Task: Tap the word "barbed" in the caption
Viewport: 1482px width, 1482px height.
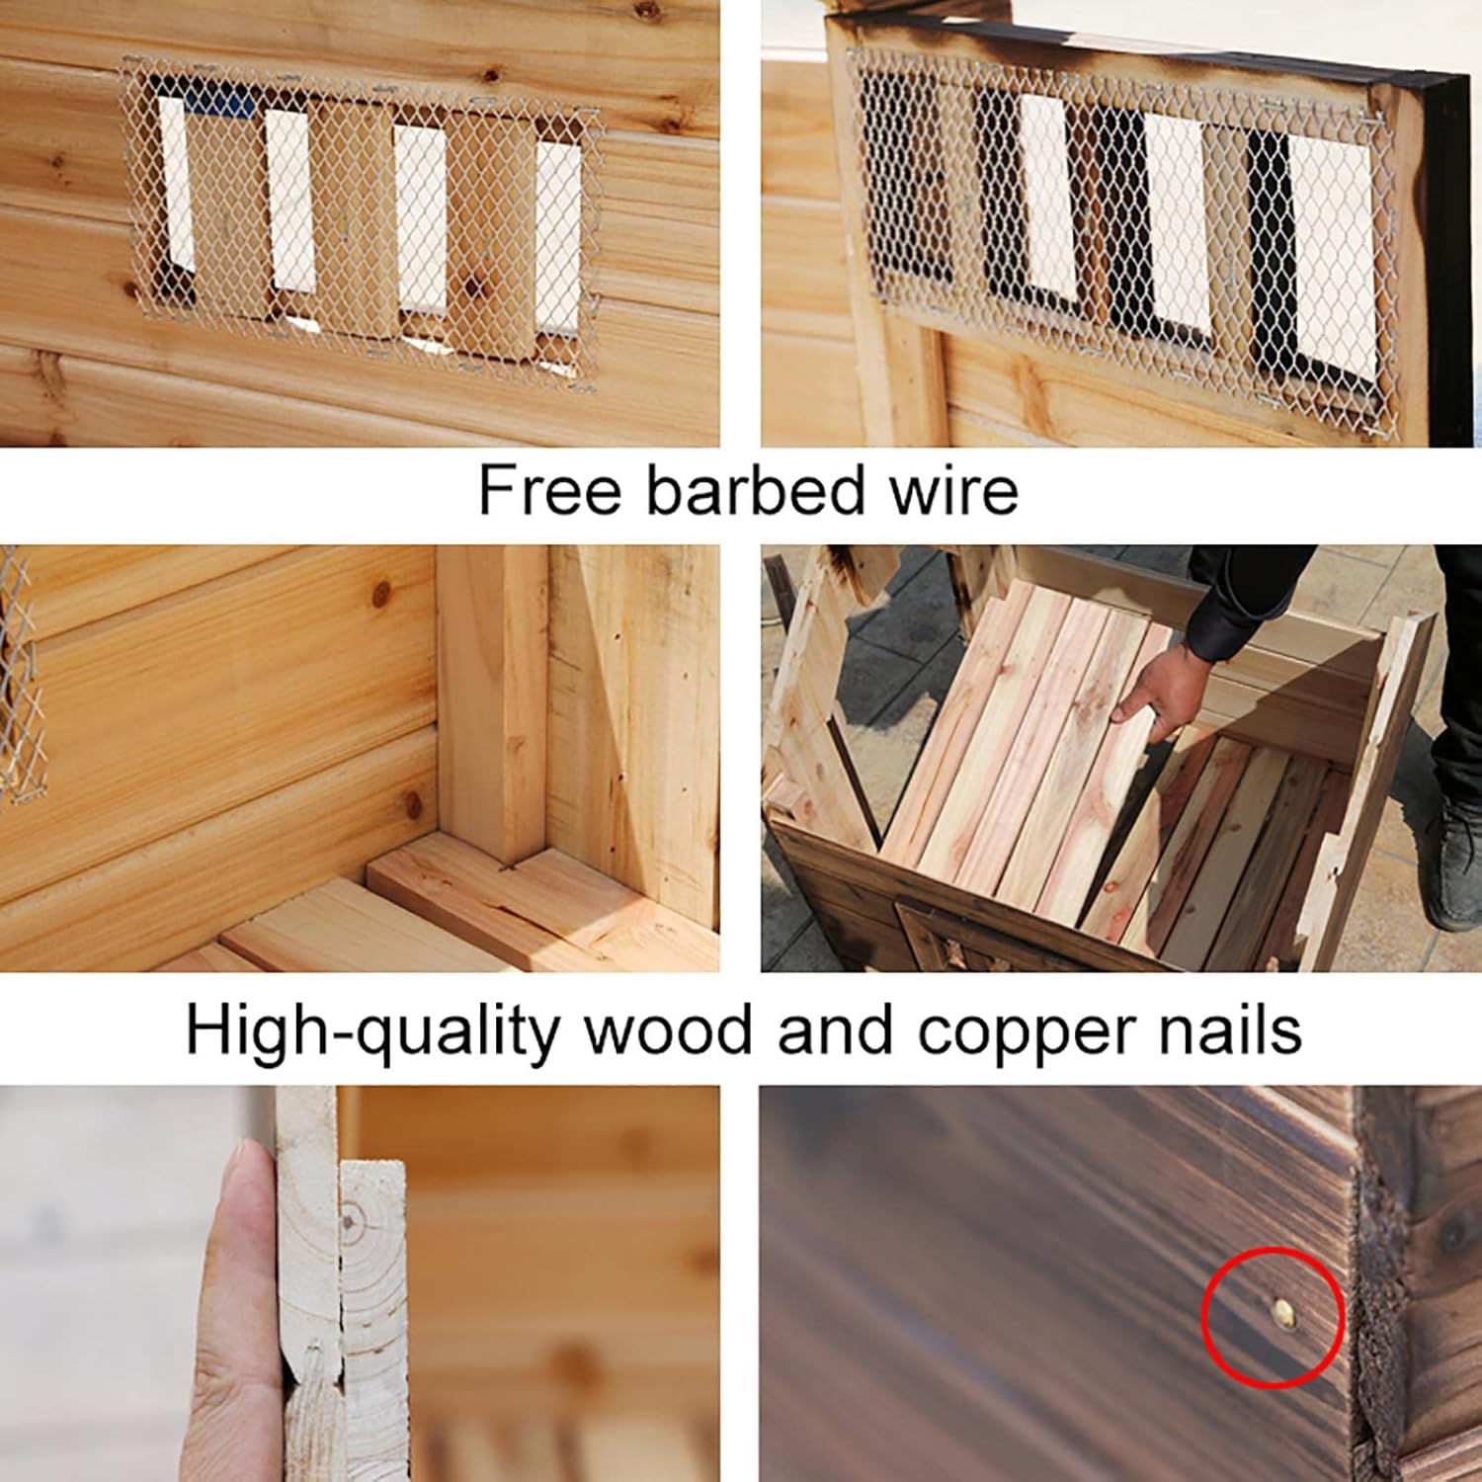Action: pos(756,490)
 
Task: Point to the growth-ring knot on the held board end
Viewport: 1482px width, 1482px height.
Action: pos(348,1221)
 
